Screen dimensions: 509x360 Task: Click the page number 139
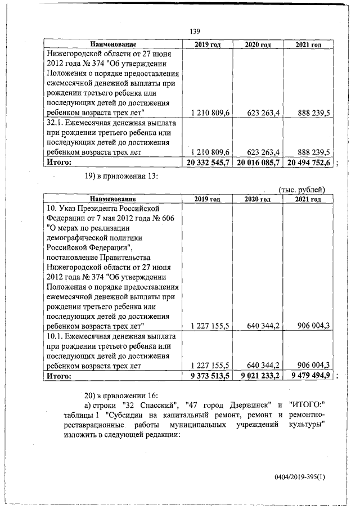pos(195,32)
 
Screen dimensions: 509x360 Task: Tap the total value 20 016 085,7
pos(257,163)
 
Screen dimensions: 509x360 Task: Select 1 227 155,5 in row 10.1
pos(210,365)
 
